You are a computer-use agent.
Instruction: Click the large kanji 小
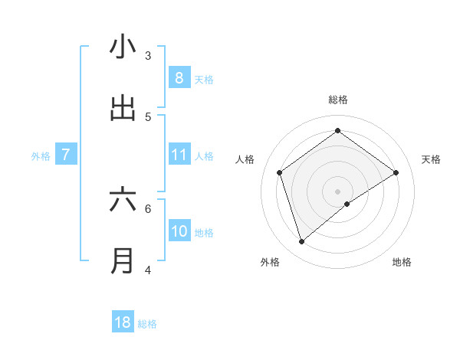[x=123, y=47]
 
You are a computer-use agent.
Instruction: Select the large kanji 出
[x=123, y=108]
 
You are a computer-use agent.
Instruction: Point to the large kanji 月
[x=123, y=261]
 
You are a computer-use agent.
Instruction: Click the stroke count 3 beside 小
[x=148, y=55]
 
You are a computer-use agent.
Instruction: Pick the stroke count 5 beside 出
[x=148, y=116]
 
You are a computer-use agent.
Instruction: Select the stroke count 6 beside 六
[x=148, y=208]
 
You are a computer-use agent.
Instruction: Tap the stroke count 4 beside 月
[x=148, y=270]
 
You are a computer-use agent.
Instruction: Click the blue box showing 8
[x=179, y=78]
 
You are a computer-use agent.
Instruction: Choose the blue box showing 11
[x=179, y=155]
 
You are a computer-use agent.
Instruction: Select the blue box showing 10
[x=179, y=231]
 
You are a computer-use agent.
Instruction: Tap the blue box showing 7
[x=66, y=155]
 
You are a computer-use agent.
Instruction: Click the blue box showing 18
[x=123, y=322]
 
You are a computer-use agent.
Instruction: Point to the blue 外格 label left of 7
[x=41, y=156]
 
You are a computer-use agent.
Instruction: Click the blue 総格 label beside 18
[x=147, y=324]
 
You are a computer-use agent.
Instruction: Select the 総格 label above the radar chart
[x=338, y=100]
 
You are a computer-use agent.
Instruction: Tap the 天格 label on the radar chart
[x=432, y=159]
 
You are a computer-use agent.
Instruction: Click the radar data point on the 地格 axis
[x=347, y=204]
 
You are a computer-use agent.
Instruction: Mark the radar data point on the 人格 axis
[x=280, y=172]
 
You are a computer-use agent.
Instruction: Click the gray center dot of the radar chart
[x=338, y=191]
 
